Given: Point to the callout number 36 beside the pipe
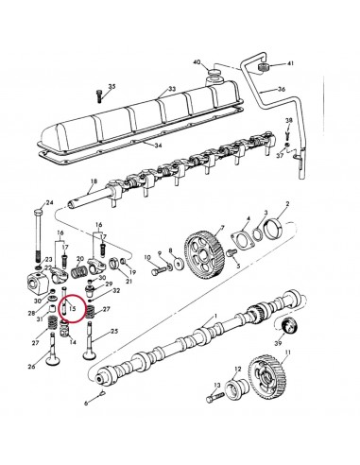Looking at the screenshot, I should [282, 91].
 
